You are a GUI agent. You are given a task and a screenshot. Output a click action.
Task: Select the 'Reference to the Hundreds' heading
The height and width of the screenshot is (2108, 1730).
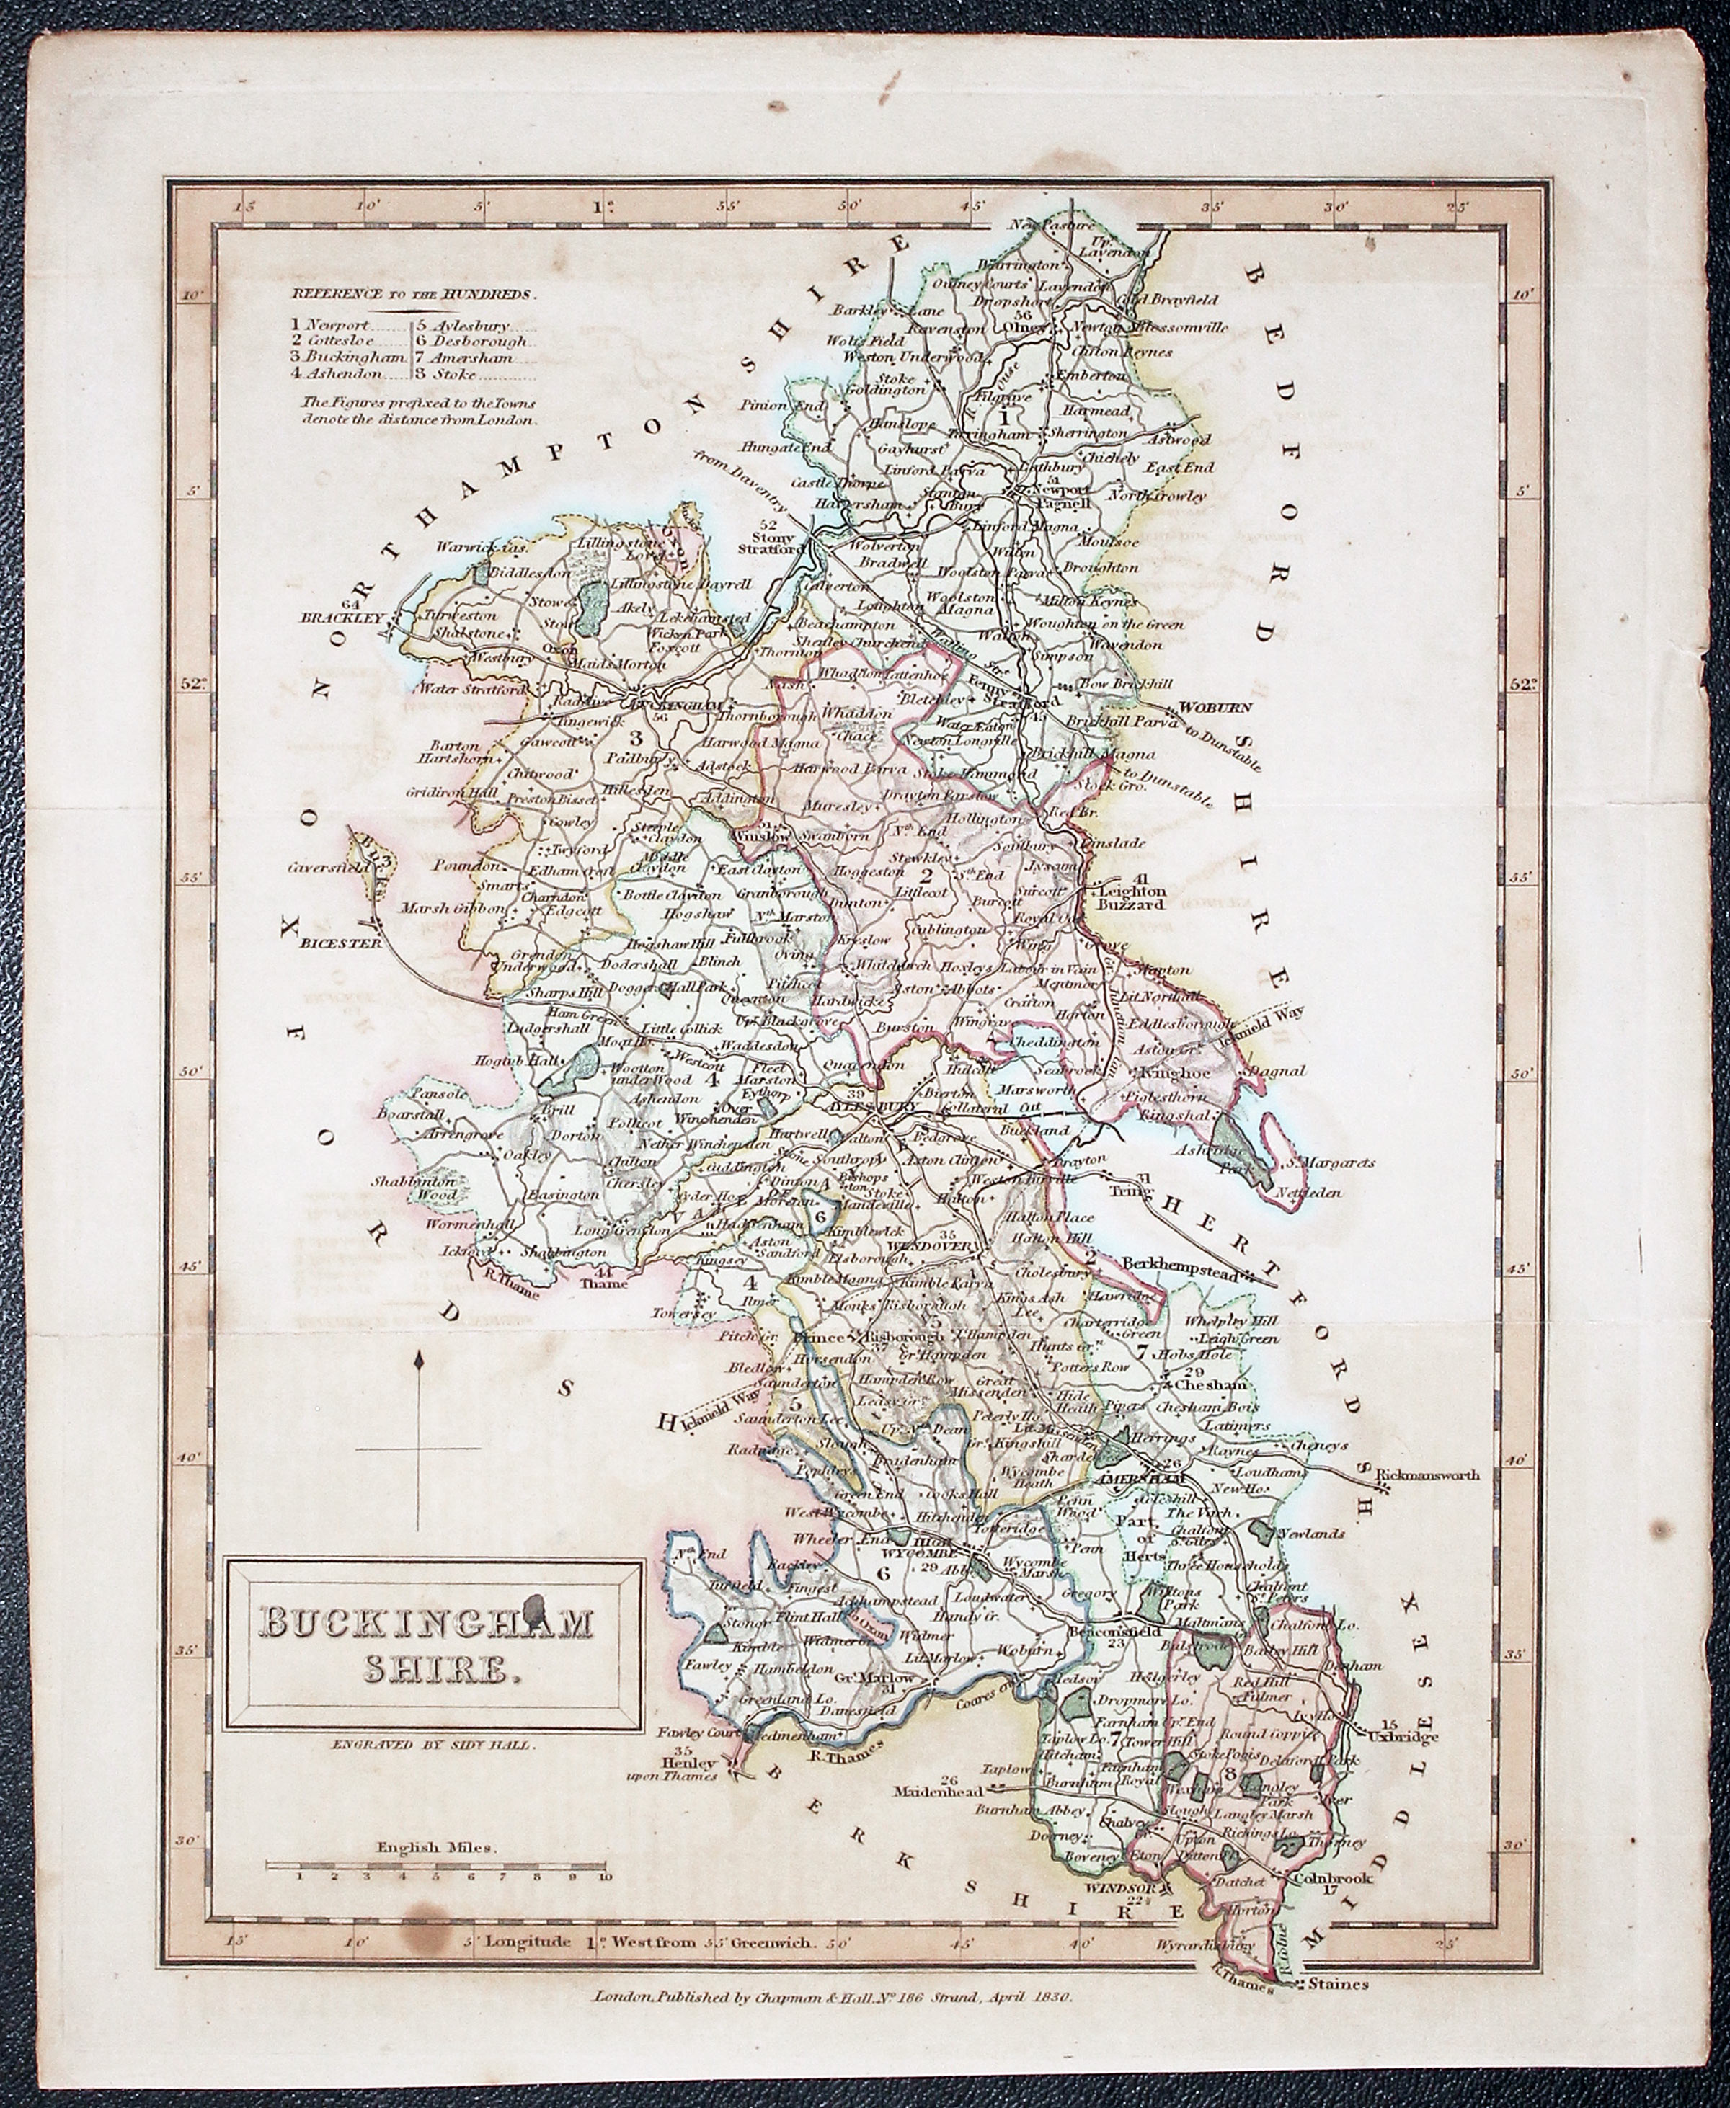coord(412,294)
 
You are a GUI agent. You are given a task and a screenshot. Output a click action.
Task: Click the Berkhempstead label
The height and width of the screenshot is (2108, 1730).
coord(1178,1263)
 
